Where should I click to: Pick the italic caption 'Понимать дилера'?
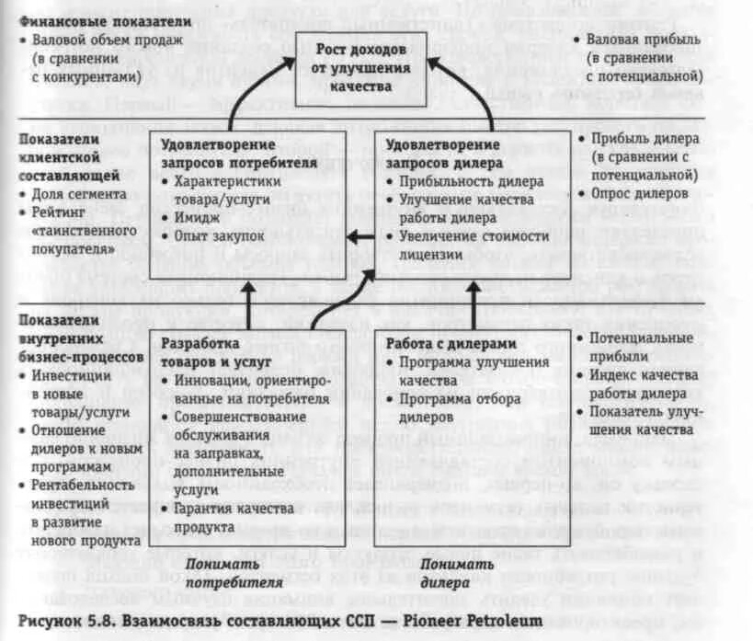[436, 573]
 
